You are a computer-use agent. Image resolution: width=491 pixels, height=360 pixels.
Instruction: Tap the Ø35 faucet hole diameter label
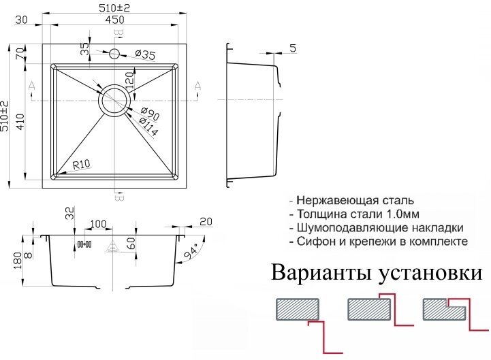146,54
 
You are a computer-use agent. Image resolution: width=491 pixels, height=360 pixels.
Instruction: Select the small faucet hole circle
114,53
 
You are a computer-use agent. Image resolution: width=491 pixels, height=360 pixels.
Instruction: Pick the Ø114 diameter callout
148,127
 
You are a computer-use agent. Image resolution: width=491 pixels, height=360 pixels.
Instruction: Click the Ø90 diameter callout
149,114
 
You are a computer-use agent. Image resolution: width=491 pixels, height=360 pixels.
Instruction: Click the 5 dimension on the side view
291,48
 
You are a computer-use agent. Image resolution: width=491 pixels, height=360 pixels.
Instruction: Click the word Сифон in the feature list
315,242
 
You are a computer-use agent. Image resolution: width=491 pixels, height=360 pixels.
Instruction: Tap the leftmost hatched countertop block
298,310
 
